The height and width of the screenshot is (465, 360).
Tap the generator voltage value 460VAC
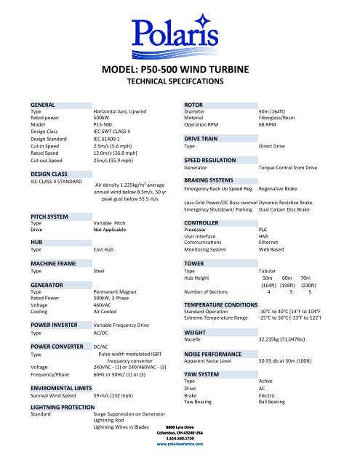[105, 305]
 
